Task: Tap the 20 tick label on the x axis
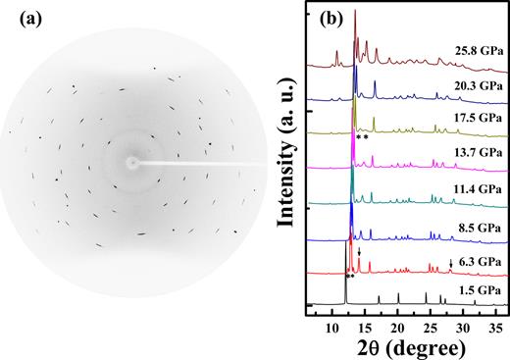[x=397, y=324]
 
